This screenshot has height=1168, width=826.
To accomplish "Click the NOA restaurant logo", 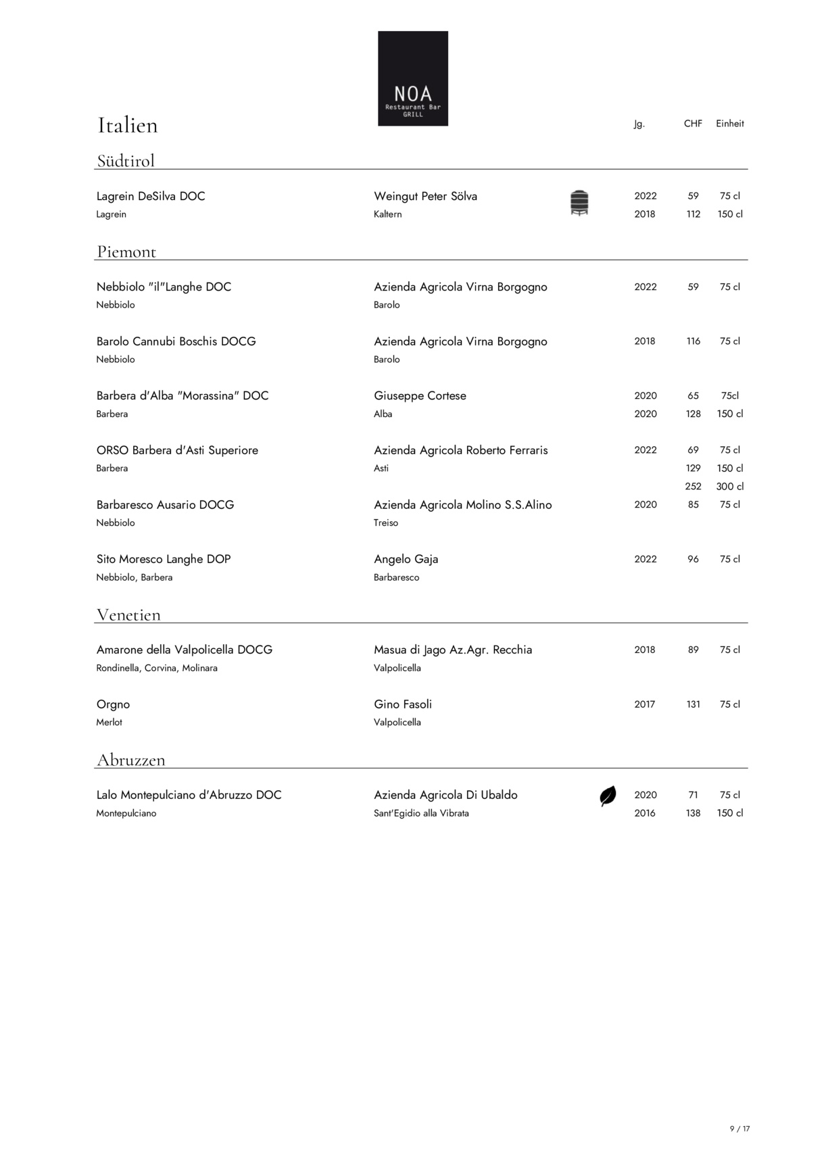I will [x=412, y=78].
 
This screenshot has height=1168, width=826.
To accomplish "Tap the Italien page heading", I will [x=128, y=125].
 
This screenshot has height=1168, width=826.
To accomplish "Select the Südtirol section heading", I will [x=126, y=161].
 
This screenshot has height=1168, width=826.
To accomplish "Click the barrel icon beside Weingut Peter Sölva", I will [x=579, y=203].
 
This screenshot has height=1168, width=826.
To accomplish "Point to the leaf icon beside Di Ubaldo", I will [x=608, y=796].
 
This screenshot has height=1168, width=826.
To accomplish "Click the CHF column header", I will [x=693, y=124].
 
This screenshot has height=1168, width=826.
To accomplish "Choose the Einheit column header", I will [x=730, y=124].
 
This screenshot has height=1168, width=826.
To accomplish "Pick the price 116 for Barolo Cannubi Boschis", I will [x=693, y=341].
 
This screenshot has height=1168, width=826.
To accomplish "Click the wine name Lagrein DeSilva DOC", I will [x=151, y=196].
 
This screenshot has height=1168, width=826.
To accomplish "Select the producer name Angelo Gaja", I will [x=406, y=559].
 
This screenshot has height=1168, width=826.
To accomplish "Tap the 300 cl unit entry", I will [x=730, y=487].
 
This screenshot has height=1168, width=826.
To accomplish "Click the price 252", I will [x=693, y=487].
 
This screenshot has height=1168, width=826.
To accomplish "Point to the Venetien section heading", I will [x=128, y=615].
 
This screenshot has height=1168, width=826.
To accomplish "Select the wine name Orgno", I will [x=113, y=704].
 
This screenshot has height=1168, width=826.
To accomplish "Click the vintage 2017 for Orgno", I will [x=645, y=704].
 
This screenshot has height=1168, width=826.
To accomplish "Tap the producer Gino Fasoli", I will [x=403, y=704].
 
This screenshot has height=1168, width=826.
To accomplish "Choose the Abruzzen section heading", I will [x=130, y=760].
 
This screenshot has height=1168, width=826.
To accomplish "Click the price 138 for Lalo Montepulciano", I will [x=693, y=813].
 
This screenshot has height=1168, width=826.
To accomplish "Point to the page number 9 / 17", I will [x=740, y=1129].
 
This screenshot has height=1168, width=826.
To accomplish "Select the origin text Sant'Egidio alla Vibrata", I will [x=421, y=813].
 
